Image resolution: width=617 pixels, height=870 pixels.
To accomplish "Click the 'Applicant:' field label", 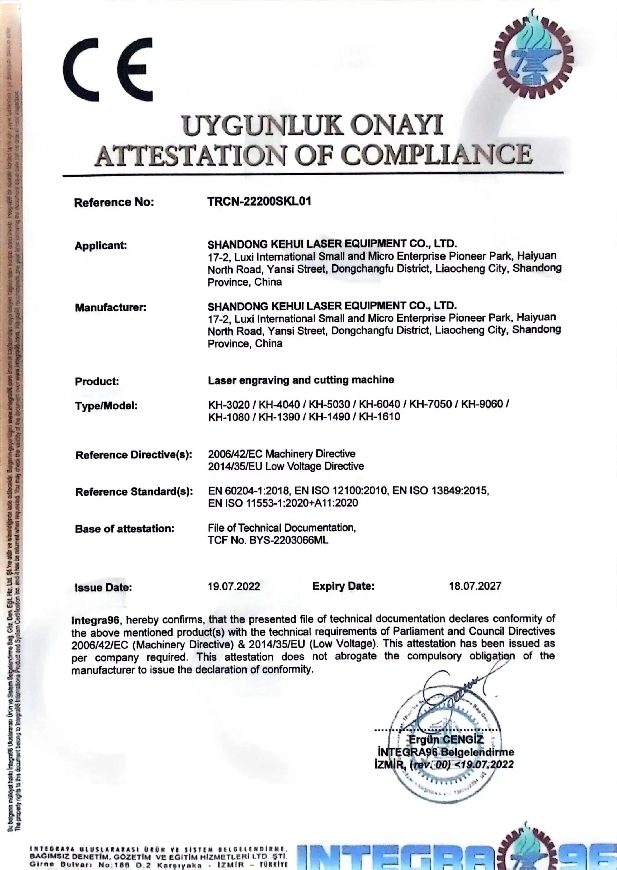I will pos(101,245).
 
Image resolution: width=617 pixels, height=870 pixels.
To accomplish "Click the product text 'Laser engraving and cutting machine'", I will pos(301,380).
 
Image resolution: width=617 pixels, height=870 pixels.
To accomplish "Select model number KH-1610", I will pos(379,417).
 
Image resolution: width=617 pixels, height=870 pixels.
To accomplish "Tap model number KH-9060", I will pos(482,404).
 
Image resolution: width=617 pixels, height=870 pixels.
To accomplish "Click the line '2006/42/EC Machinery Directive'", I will pos(282,454).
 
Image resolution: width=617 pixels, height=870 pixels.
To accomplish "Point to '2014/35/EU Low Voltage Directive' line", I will pos(286,466).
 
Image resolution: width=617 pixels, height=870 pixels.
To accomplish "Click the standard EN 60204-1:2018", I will pos(249,491).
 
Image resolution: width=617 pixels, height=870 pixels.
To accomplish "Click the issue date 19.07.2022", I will pos(234,586).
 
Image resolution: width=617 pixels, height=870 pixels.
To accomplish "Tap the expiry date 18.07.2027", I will pos(475,586).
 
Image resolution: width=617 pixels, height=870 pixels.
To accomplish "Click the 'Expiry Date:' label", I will pos(343,586).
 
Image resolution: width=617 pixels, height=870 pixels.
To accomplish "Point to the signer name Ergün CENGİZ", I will pos(446,740).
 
